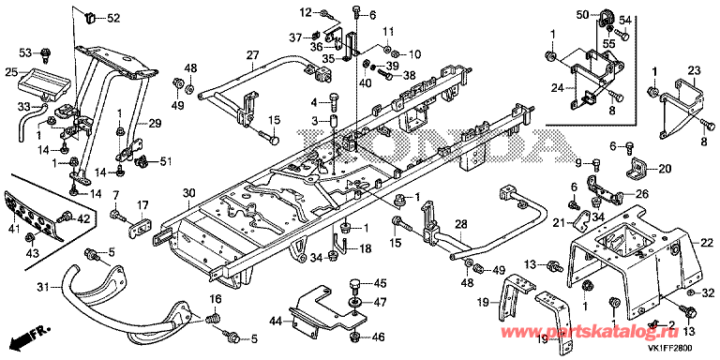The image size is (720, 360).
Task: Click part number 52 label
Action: (x=112, y=19)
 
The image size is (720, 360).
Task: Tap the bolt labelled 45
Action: (x=356, y=285)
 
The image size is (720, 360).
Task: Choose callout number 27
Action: (x=252, y=56)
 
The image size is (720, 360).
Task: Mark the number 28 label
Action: (x=461, y=225)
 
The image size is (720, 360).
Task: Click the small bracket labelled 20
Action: (x=637, y=169)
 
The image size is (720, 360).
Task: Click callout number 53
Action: (x=26, y=53)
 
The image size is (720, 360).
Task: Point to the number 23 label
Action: (x=694, y=70)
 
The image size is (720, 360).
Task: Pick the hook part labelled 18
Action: (x=338, y=246)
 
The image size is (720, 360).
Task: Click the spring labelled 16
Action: (x=212, y=317)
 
